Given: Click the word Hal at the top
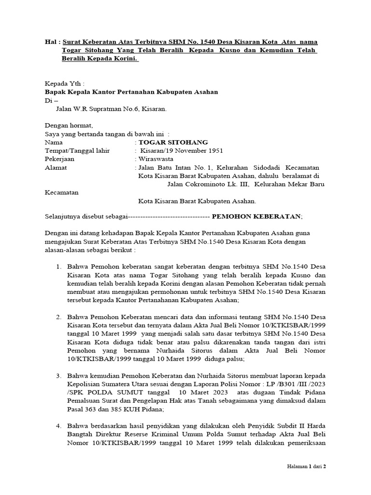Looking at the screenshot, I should [x=51, y=42].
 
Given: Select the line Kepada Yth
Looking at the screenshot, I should [x=64, y=83].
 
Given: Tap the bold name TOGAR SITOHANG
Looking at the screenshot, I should [x=173, y=142].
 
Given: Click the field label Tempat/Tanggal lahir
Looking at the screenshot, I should [x=77, y=150].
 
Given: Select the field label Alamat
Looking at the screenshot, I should [x=56, y=167].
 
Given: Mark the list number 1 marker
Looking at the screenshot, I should [x=58, y=267].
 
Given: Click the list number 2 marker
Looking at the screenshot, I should [x=58, y=317].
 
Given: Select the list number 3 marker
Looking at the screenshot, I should [x=58, y=376].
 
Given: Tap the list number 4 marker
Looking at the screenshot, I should [x=58, y=426].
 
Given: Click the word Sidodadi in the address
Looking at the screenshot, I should [x=258, y=167].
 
